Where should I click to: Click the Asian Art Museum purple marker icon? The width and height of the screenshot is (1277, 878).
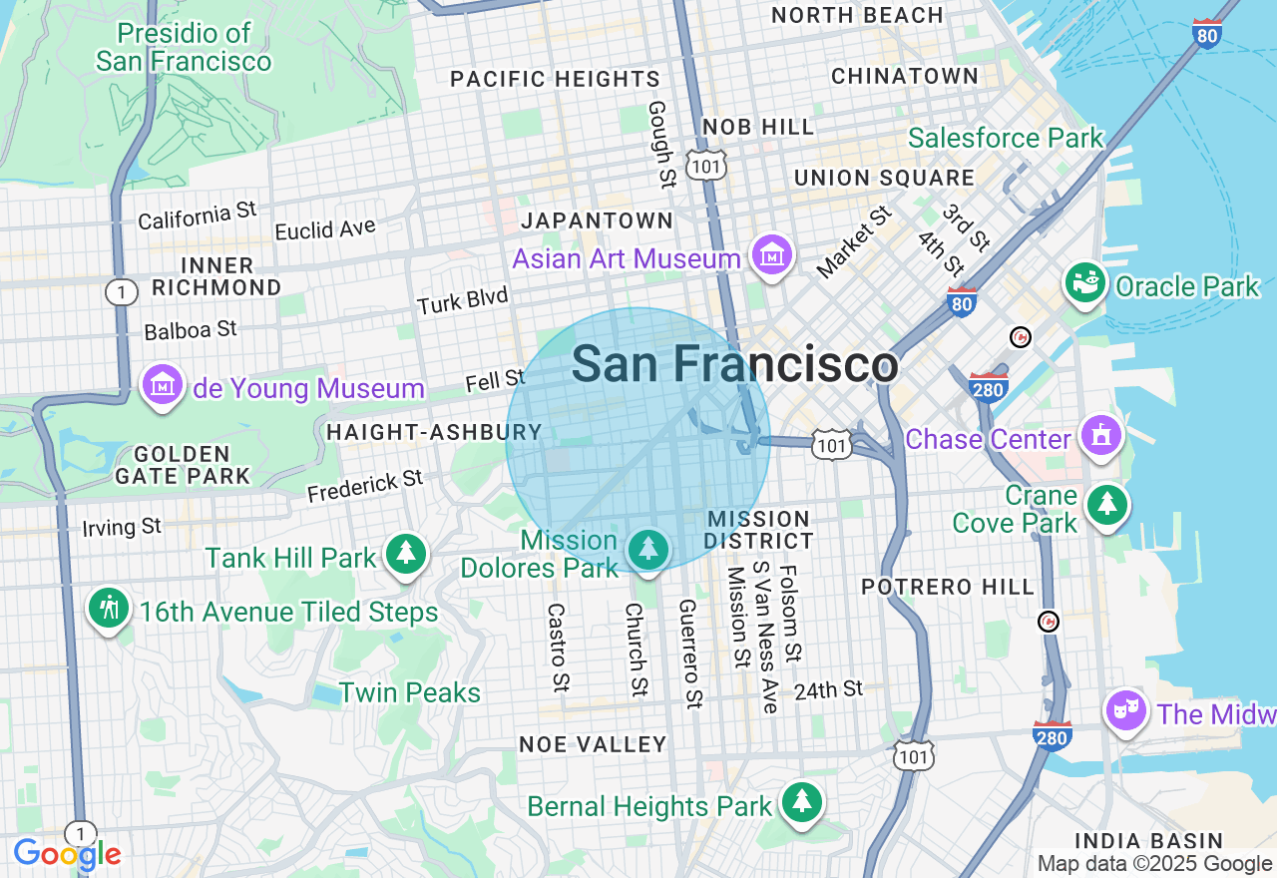(772, 255)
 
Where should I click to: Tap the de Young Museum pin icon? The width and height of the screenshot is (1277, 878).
(162, 385)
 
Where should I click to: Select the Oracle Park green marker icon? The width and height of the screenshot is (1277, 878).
(1085, 284)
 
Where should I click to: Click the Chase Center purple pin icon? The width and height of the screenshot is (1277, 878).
(1100, 436)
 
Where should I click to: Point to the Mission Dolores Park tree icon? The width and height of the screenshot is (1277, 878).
(648, 550)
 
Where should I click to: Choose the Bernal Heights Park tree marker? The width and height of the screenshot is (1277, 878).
(800, 802)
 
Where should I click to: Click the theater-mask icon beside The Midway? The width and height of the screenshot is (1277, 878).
(1126, 711)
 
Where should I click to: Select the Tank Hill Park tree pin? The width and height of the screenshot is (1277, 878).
(405, 554)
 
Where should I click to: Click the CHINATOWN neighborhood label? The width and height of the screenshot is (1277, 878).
(905, 77)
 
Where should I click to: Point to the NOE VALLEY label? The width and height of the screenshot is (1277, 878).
(593, 744)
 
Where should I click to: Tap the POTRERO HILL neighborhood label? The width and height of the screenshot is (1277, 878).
(948, 587)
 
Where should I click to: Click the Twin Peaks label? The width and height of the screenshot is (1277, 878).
(410, 692)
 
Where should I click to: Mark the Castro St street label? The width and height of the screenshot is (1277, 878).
(558, 648)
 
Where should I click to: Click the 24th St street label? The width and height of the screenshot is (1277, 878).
(828, 689)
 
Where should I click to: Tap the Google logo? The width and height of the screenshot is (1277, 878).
(67, 854)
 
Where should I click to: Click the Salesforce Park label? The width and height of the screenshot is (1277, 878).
(1006, 139)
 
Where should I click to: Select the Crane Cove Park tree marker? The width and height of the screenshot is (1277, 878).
(1105, 506)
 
